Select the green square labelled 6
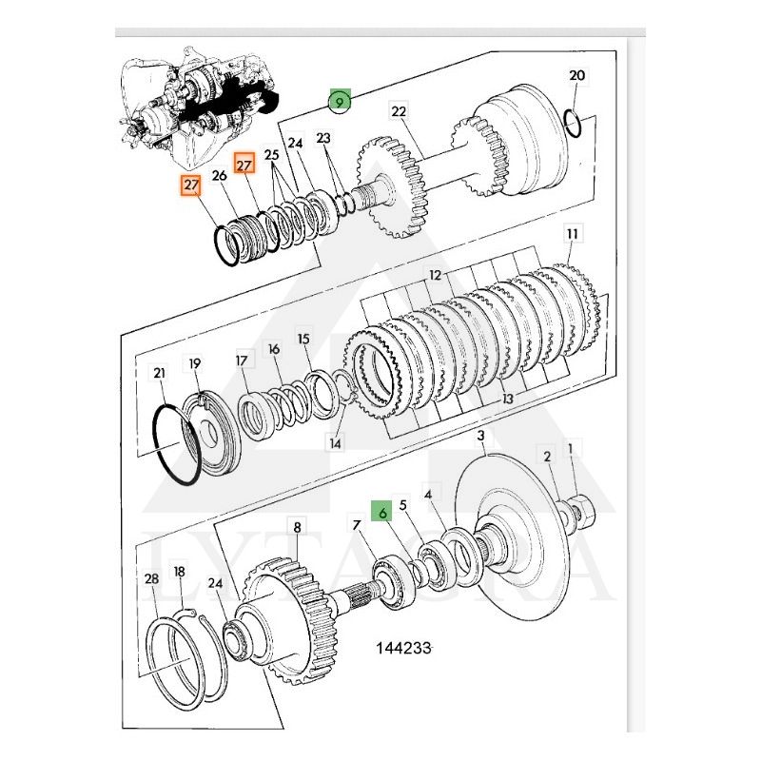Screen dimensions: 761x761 click(381, 512)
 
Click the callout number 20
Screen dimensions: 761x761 click(577, 76)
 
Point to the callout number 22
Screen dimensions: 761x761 click(399, 112)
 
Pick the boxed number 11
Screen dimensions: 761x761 click(572, 233)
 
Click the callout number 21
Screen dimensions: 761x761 click(159, 372)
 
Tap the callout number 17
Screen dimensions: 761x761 click(241, 361)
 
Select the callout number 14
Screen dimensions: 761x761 click(334, 442)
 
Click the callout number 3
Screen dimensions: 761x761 click(481, 436)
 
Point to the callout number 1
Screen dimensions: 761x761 click(571, 448)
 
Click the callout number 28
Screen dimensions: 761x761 click(151, 578)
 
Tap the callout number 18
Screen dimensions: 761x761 click(179, 572)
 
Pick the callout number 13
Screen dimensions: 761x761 click(508, 399)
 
